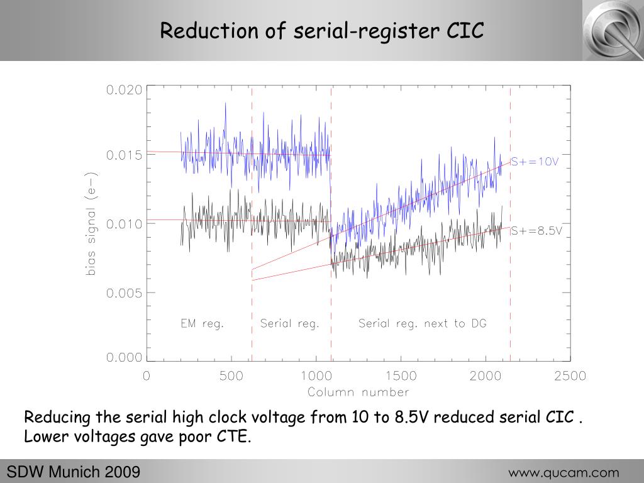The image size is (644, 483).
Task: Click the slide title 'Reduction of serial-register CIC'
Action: pyautogui.click(x=321, y=30)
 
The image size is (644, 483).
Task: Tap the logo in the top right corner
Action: pyautogui.click(x=612, y=30)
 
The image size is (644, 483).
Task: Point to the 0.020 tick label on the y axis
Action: pyautogui.click(x=124, y=90)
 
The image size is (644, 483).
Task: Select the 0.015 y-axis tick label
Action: pyautogui.click(x=124, y=155)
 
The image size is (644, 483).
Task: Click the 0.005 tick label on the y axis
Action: pyautogui.click(x=124, y=292)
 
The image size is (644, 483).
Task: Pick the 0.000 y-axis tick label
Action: pyautogui.click(x=124, y=358)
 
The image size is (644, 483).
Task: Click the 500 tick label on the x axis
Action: pyautogui.click(x=231, y=376)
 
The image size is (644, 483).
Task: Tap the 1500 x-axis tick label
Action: pyautogui.click(x=401, y=376)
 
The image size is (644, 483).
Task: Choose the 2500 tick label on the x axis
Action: pyautogui.click(x=570, y=376)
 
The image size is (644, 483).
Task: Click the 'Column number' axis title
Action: pyautogui.click(x=358, y=392)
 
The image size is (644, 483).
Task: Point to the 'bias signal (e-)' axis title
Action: pyautogui.click(x=91, y=224)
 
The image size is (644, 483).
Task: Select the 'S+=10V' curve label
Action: pyautogui.click(x=534, y=162)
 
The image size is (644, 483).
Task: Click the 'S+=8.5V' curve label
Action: pyautogui.click(x=536, y=231)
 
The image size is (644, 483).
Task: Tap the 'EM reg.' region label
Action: pyautogui.click(x=203, y=324)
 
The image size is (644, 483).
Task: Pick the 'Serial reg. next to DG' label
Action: pyautogui.click(x=422, y=324)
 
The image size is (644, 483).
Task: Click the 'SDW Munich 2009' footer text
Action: pyautogui.click(x=73, y=472)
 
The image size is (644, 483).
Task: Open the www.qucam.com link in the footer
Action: pyautogui.click(x=563, y=473)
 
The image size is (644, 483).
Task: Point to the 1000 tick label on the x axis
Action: pyautogui.click(x=316, y=376)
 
